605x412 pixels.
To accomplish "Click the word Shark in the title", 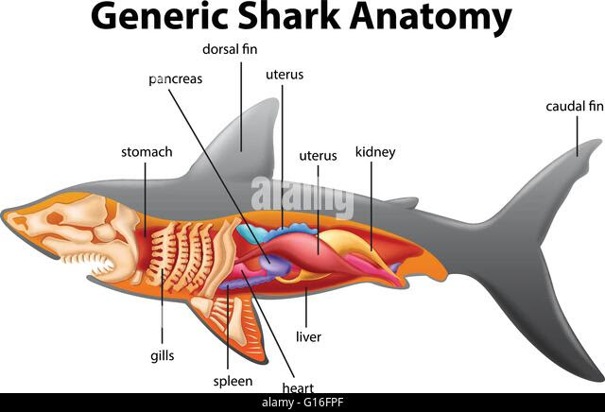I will (x=303, y=18).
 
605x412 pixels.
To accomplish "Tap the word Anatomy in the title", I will (x=441, y=18).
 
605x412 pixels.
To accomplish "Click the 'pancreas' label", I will (x=176, y=79).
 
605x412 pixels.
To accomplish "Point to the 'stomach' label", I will (x=147, y=151).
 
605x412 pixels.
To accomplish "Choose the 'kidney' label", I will (x=374, y=151).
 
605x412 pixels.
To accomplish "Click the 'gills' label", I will (x=162, y=355).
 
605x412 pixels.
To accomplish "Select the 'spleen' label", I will (x=233, y=381).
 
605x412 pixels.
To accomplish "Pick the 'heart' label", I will (x=298, y=387).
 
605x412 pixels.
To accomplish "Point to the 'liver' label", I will (x=308, y=335).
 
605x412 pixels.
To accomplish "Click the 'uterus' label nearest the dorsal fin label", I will (x=284, y=74).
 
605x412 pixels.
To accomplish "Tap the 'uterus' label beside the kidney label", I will (x=318, y=155).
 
